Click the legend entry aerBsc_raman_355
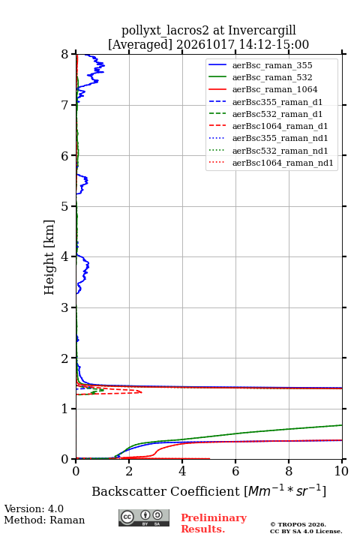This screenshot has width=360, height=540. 272,65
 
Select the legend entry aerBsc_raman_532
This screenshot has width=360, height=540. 272,77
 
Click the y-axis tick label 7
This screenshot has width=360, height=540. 64,105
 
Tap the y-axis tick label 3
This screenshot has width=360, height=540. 64,307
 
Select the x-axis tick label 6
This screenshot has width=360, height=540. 235,471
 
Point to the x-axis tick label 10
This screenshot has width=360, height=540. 341,471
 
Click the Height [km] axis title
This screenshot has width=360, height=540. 49,257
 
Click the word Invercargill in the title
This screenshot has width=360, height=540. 262,30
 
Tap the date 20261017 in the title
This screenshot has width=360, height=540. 205,44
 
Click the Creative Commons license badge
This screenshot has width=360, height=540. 144,517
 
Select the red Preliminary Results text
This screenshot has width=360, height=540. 214,523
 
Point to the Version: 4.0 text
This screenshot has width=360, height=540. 34,508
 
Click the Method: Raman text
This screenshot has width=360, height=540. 44,520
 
